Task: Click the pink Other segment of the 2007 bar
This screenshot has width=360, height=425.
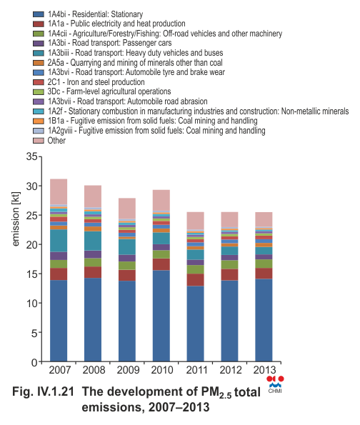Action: point(59,191)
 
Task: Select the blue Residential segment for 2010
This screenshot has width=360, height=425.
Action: point(161,316)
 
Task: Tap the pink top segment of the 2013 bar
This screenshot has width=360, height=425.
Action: point(264,219)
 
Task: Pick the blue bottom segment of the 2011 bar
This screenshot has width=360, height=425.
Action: point(196,324)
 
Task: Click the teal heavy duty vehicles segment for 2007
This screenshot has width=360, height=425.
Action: point(59,241)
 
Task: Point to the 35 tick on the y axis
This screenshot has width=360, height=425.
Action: point(40,156)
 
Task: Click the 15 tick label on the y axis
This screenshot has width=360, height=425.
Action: point(31,274)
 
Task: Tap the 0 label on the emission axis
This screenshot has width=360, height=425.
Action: point(34,362)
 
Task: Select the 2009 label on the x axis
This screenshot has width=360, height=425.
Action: point(128,370)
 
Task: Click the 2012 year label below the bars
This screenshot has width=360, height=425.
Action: point(231,370)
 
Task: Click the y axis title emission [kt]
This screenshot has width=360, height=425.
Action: point(16,219)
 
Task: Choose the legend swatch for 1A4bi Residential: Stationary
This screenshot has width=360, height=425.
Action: point(39,14)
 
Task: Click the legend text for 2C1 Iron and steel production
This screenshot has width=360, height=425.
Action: point(96,82)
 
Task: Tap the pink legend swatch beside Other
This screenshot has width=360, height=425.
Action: point(39,141)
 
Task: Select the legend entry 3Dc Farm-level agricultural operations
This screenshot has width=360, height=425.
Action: point(109,91)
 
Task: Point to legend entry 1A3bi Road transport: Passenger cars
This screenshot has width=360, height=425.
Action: point(110,43)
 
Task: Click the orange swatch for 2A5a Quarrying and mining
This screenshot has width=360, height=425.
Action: point(39,63)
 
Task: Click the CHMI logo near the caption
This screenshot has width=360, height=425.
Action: point(275,384)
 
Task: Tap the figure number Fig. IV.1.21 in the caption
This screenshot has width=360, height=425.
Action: point(43,392)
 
